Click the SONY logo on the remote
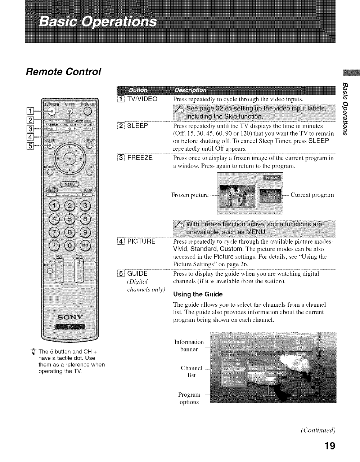71,317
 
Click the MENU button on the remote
71,184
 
